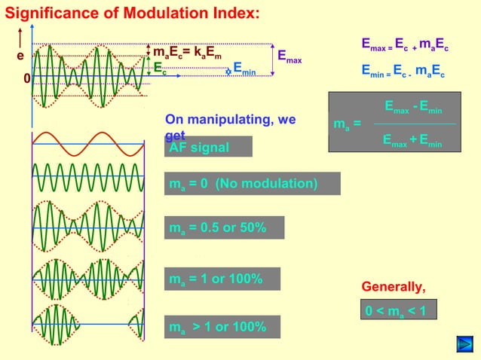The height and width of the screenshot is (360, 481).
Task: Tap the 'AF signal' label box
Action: click(209, 147)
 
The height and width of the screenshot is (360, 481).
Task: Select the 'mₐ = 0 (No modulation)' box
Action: click(253, 184)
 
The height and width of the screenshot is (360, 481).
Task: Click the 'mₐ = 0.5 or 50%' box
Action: click(225, 228)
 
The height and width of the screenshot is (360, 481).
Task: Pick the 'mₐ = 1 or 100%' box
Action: click(222, 279)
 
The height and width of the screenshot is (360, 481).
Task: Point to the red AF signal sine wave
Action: click(88, 143)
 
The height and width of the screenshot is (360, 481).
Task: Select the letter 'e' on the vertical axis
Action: click(20, 56)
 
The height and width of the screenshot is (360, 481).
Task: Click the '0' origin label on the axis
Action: click(26, 78)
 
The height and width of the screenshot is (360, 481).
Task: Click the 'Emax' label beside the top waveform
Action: click(290, 56)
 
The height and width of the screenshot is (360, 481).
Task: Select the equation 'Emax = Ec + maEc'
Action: click(404, 47)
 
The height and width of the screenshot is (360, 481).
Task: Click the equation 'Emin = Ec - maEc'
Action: click(403, 74)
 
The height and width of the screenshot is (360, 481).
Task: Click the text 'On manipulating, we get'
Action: click(230, 126)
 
